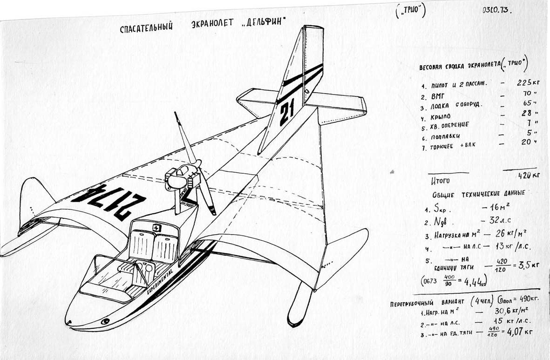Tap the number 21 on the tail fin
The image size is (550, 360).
click(x=286, y=114)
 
